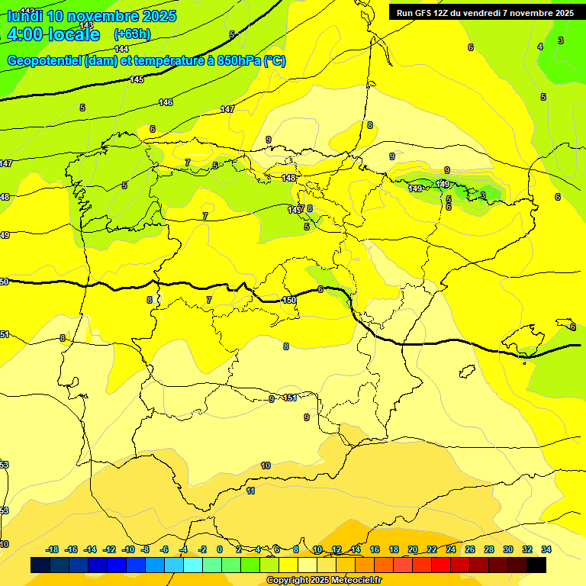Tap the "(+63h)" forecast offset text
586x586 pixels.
point(132,34)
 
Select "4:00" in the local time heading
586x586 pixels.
point(23,34)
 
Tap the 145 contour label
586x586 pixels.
point(137,79)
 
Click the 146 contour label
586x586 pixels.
point(166,102)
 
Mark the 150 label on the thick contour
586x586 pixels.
point(289,300)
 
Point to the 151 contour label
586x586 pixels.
point(290,398)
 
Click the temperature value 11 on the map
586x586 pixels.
point(250,491)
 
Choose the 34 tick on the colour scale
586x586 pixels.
point(546,549)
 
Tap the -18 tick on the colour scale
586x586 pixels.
point(53,549)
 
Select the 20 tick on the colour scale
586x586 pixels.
point(413,549)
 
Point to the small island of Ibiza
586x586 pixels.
point(465,372)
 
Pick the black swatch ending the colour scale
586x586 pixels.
point(536,565)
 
